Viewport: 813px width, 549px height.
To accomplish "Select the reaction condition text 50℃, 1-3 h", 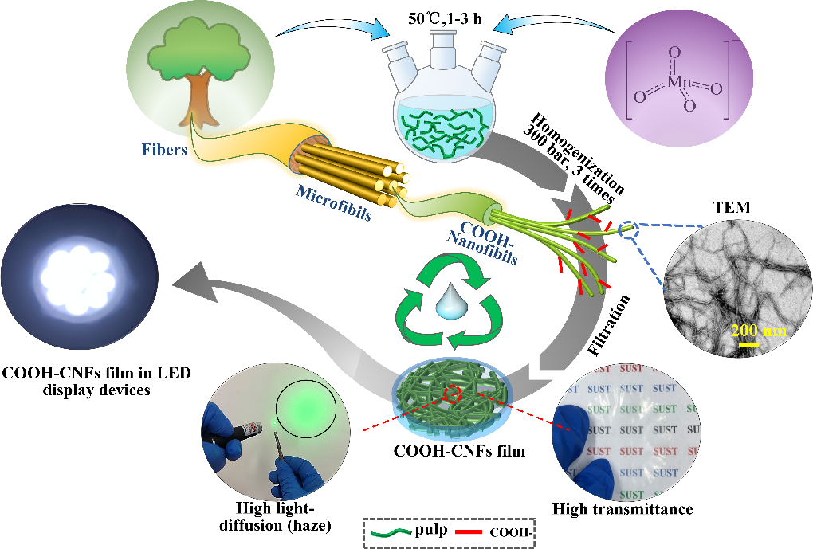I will [443, 17].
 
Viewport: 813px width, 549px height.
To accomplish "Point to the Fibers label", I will [163, 149].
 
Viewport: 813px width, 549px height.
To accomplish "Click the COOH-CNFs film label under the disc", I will [460, 451].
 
